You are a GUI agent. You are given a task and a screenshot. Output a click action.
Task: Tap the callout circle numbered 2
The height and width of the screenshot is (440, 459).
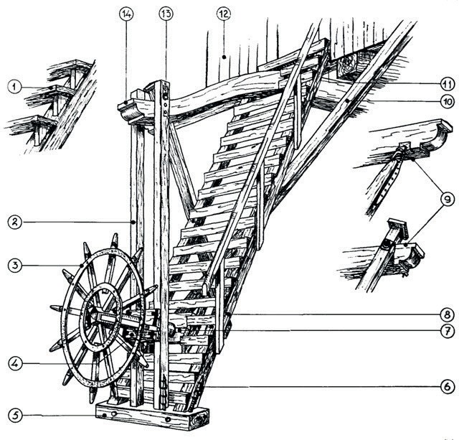(13, 223)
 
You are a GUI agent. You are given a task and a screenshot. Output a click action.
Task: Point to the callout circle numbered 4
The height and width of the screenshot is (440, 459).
(13, 363)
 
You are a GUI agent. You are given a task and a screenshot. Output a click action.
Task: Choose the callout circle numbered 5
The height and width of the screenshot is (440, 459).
(13, 415)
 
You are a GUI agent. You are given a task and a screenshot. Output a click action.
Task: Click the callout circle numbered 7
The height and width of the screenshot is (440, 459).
(446, 331)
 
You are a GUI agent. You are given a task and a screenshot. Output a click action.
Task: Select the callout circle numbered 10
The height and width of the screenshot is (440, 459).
(446, 100)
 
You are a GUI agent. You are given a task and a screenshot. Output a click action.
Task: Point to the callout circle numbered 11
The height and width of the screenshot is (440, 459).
(446, 83)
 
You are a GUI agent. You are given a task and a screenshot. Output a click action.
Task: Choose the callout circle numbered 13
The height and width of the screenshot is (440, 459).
(166, 14)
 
